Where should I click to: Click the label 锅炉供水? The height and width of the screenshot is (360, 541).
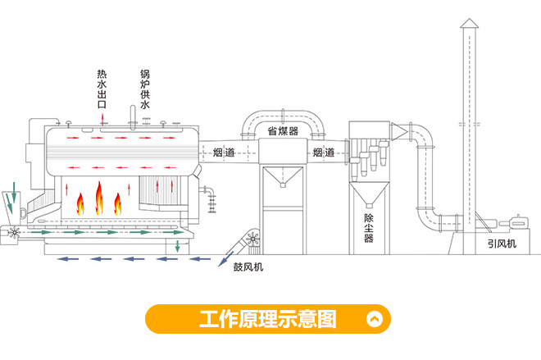[x=144, y=89]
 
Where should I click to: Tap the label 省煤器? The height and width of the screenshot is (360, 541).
[x=283, y=131]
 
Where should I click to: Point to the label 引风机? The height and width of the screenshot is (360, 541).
[x=500, y=243]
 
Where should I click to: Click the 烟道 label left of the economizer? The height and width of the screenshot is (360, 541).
[x=223, y=153]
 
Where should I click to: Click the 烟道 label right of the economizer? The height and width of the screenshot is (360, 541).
[x=322, y=153]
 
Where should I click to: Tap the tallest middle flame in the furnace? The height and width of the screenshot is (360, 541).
[x=99, y=198]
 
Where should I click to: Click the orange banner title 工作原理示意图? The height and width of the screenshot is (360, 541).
[x=267, y=319]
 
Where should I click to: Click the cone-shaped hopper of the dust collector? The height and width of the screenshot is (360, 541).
[x=368, y=193]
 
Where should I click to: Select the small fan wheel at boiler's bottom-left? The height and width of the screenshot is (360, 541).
[x=12, y=235]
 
